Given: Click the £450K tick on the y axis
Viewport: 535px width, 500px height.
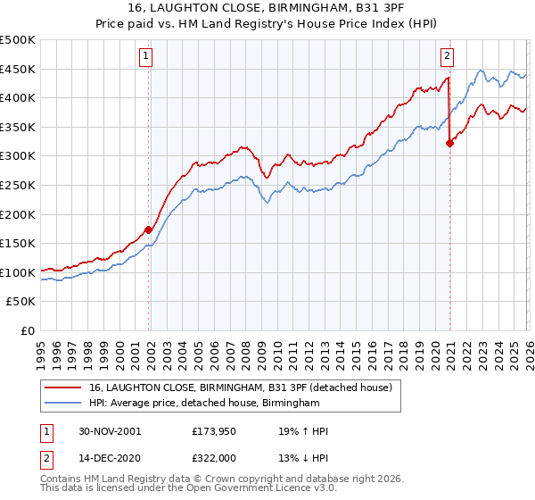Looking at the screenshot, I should tap(18, 69).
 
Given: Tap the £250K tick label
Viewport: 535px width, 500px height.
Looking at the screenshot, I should tap(18, 185).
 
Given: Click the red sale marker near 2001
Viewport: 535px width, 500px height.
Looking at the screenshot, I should tap(149, 229).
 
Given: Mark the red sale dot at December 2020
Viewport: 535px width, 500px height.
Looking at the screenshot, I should tap(449, 143).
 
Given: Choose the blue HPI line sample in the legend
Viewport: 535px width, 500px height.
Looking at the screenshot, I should tap(62, 404).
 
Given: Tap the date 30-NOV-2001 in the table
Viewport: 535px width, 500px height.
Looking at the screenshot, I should tap(109, 431).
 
